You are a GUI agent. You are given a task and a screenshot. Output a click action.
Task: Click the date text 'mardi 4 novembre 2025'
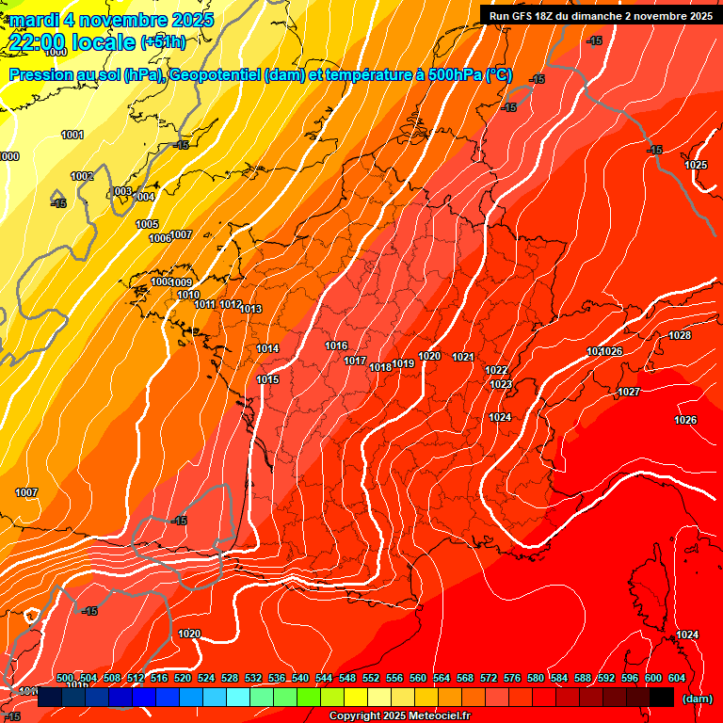coord(111,19)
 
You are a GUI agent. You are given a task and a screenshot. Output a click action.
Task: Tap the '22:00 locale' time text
coord(71,42)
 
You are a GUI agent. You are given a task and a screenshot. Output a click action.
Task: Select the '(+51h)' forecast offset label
coord(163,42)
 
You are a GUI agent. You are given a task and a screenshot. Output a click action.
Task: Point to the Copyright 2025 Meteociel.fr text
coord(399,715)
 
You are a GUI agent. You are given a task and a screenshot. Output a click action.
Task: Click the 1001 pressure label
coord(72,135)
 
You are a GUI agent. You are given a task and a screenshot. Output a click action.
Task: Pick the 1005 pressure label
coord(147,224)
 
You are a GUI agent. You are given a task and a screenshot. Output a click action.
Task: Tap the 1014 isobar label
coord(267,348)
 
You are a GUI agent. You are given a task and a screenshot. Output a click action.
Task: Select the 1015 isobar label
coord(267,379)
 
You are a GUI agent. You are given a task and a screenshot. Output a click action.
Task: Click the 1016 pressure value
coord(336,345)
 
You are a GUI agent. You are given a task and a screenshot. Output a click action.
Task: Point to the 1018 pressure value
coord(380,367)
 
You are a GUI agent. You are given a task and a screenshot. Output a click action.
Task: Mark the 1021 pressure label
coord(462,357)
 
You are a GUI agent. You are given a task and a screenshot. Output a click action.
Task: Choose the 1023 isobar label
coord(501,384)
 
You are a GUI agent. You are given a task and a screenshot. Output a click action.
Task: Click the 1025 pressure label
coord(696,165)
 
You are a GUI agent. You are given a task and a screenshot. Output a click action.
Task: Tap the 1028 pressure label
coord(680,335)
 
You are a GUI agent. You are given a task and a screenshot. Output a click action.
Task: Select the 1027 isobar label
coord(629,392)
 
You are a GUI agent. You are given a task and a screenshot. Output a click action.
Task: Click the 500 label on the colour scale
coord(65,678)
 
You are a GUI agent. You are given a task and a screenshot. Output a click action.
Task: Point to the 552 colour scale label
coord(371,678)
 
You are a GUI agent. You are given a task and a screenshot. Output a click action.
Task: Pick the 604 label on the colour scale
coord(676,678)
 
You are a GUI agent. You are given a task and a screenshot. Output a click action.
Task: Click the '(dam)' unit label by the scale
coord(698,698)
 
